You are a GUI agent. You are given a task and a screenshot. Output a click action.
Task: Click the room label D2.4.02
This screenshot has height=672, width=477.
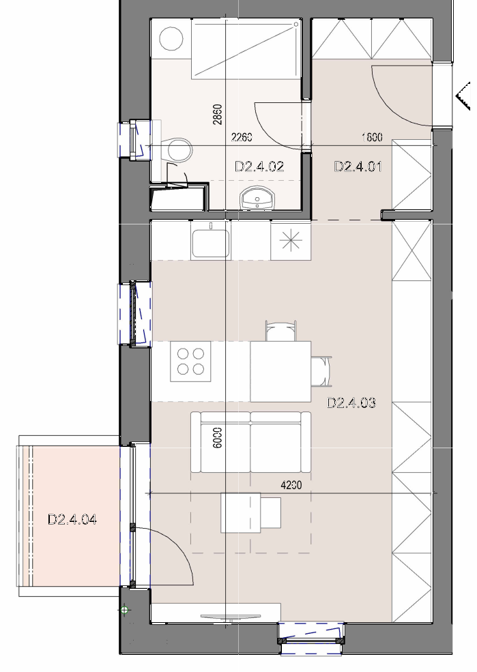pos(260,166)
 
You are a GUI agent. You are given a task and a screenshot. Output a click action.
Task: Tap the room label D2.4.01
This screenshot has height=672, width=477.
pos(358,166)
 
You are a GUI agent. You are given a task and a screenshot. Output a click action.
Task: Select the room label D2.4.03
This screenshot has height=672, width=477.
pos(351,403)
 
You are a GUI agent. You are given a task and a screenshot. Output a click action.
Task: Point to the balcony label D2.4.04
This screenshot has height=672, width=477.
pos(72,520)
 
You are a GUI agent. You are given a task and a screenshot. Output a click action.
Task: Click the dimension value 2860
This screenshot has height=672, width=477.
pos(218,115)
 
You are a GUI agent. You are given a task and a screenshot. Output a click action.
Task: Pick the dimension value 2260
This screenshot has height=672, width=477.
pos(242,137)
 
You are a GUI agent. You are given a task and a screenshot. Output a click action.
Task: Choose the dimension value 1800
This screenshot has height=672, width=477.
pos(372,137)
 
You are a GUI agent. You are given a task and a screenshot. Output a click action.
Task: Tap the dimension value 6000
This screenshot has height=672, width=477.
pos(218,437)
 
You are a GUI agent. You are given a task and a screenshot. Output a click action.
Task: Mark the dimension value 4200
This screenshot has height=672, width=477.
pos(291,485)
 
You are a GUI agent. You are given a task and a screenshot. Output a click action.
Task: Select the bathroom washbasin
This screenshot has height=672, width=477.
pos(257,199)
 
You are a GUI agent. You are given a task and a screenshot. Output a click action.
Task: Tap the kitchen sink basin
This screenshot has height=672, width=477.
pos(210,243)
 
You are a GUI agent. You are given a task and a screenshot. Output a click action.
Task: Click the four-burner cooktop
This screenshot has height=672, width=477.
pos(190,362)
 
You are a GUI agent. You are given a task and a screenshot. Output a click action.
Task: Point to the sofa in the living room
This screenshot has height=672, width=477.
pos(250,442)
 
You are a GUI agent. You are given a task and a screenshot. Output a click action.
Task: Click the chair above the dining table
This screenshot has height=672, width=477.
pos(281,331)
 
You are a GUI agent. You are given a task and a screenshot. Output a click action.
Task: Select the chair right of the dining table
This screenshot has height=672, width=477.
pos(321,371)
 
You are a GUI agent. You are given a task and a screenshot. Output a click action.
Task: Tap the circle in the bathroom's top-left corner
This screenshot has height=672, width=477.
pos(171,38)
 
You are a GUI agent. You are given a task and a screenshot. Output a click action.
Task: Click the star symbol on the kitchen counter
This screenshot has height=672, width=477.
pos(291,240)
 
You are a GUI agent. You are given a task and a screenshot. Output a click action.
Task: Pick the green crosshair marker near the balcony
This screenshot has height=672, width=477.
pos(124,610)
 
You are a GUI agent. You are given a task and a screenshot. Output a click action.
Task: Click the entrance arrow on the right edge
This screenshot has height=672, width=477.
pos(463,96)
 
